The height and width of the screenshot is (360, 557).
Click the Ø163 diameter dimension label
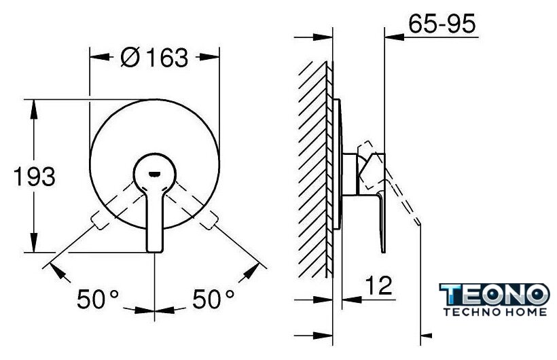click(x=154, y=58)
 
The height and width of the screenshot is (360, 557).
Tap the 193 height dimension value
click(x=35, y=177)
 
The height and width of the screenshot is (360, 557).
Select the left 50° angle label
click(x=98, y=299)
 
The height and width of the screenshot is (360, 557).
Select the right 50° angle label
click(x=213, y=299)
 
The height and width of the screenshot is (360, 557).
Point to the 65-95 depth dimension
click(x=442, y=24)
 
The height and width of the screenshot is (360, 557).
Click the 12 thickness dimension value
click(x=378, y=285)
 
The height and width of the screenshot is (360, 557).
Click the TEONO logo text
click(x=495, y=295)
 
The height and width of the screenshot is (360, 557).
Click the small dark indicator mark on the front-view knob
click(x=154, y=174)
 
